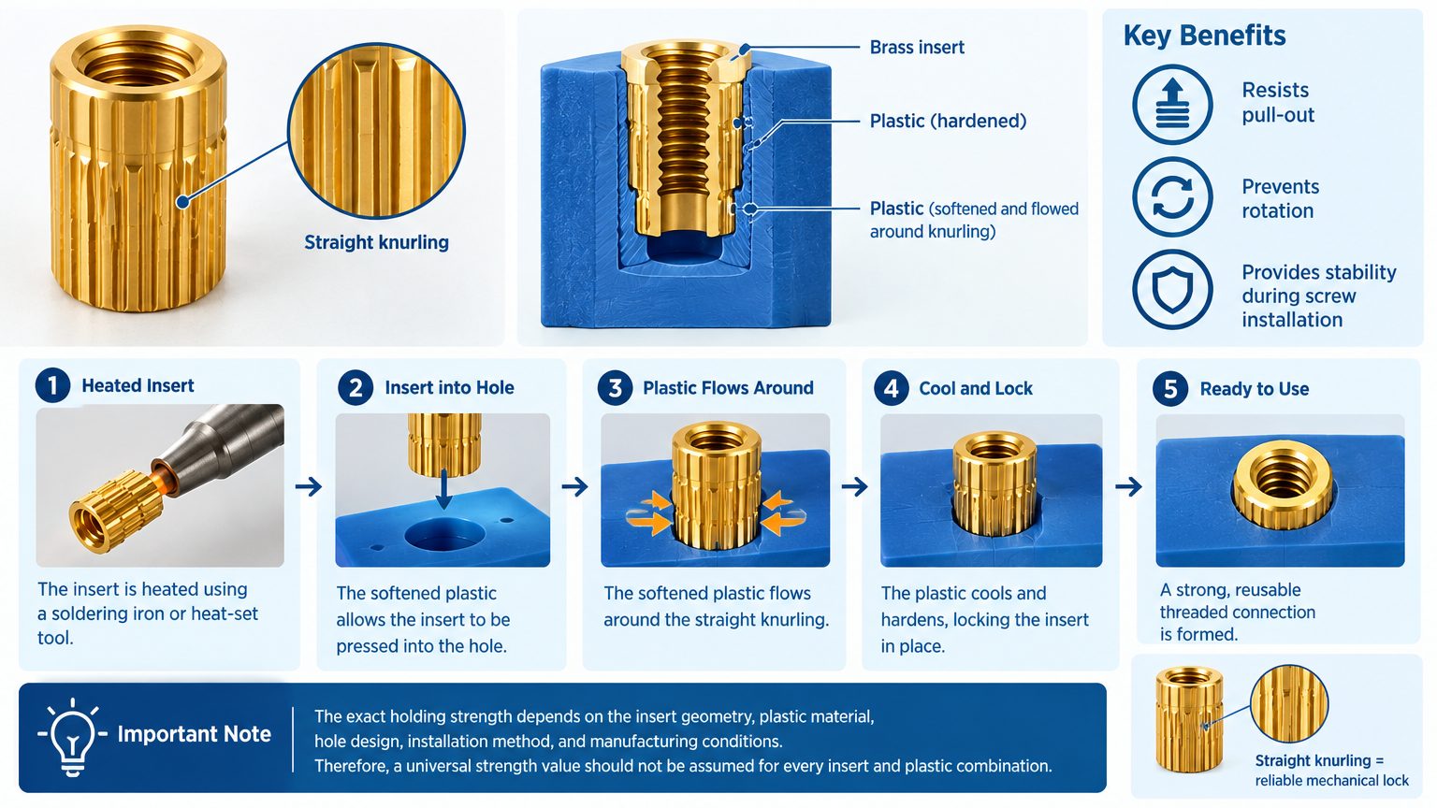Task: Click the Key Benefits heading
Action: coord(1204,36)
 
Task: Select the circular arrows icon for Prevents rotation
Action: coord(1172,197)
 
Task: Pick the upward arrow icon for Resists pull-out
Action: coord(1172,104)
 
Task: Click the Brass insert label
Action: coord(917,48)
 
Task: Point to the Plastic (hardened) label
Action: coord(948,122)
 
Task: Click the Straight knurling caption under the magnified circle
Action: coord(377,242)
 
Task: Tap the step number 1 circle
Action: coord(52,385)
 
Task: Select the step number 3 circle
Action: coord(615,388)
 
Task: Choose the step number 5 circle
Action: coord(1170,389)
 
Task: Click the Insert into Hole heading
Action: coord(449,388)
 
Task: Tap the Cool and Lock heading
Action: coord(976,389)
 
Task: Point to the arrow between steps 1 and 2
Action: coord(309,486)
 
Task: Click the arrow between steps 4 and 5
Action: coord(1128,487)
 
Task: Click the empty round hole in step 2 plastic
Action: coord(443,536)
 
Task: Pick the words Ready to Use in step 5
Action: coord(1255,389)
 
